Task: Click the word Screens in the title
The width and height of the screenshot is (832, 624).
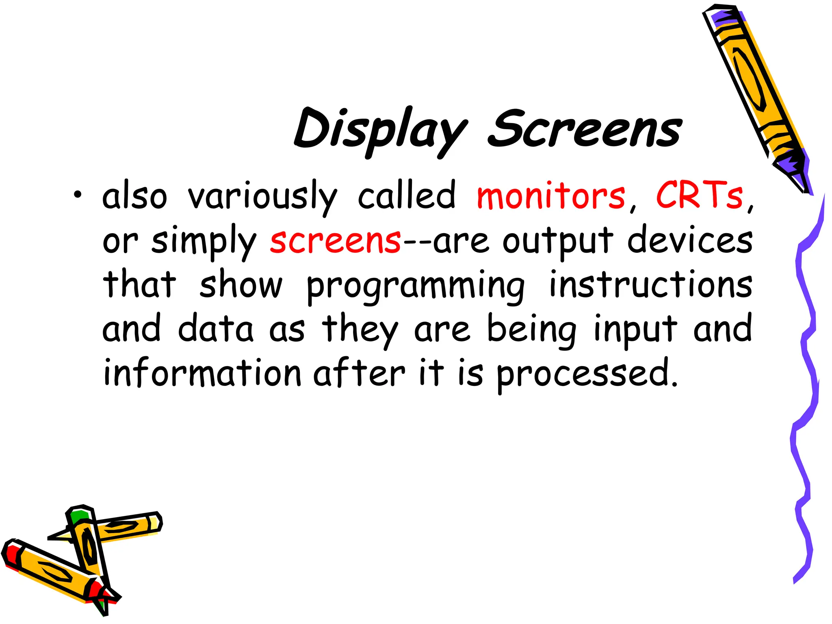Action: click(585, 129)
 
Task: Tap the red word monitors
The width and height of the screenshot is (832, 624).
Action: click(550, 196)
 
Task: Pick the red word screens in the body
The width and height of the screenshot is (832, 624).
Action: click(336, 240)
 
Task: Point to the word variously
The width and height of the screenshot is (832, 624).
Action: click(262, 197)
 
